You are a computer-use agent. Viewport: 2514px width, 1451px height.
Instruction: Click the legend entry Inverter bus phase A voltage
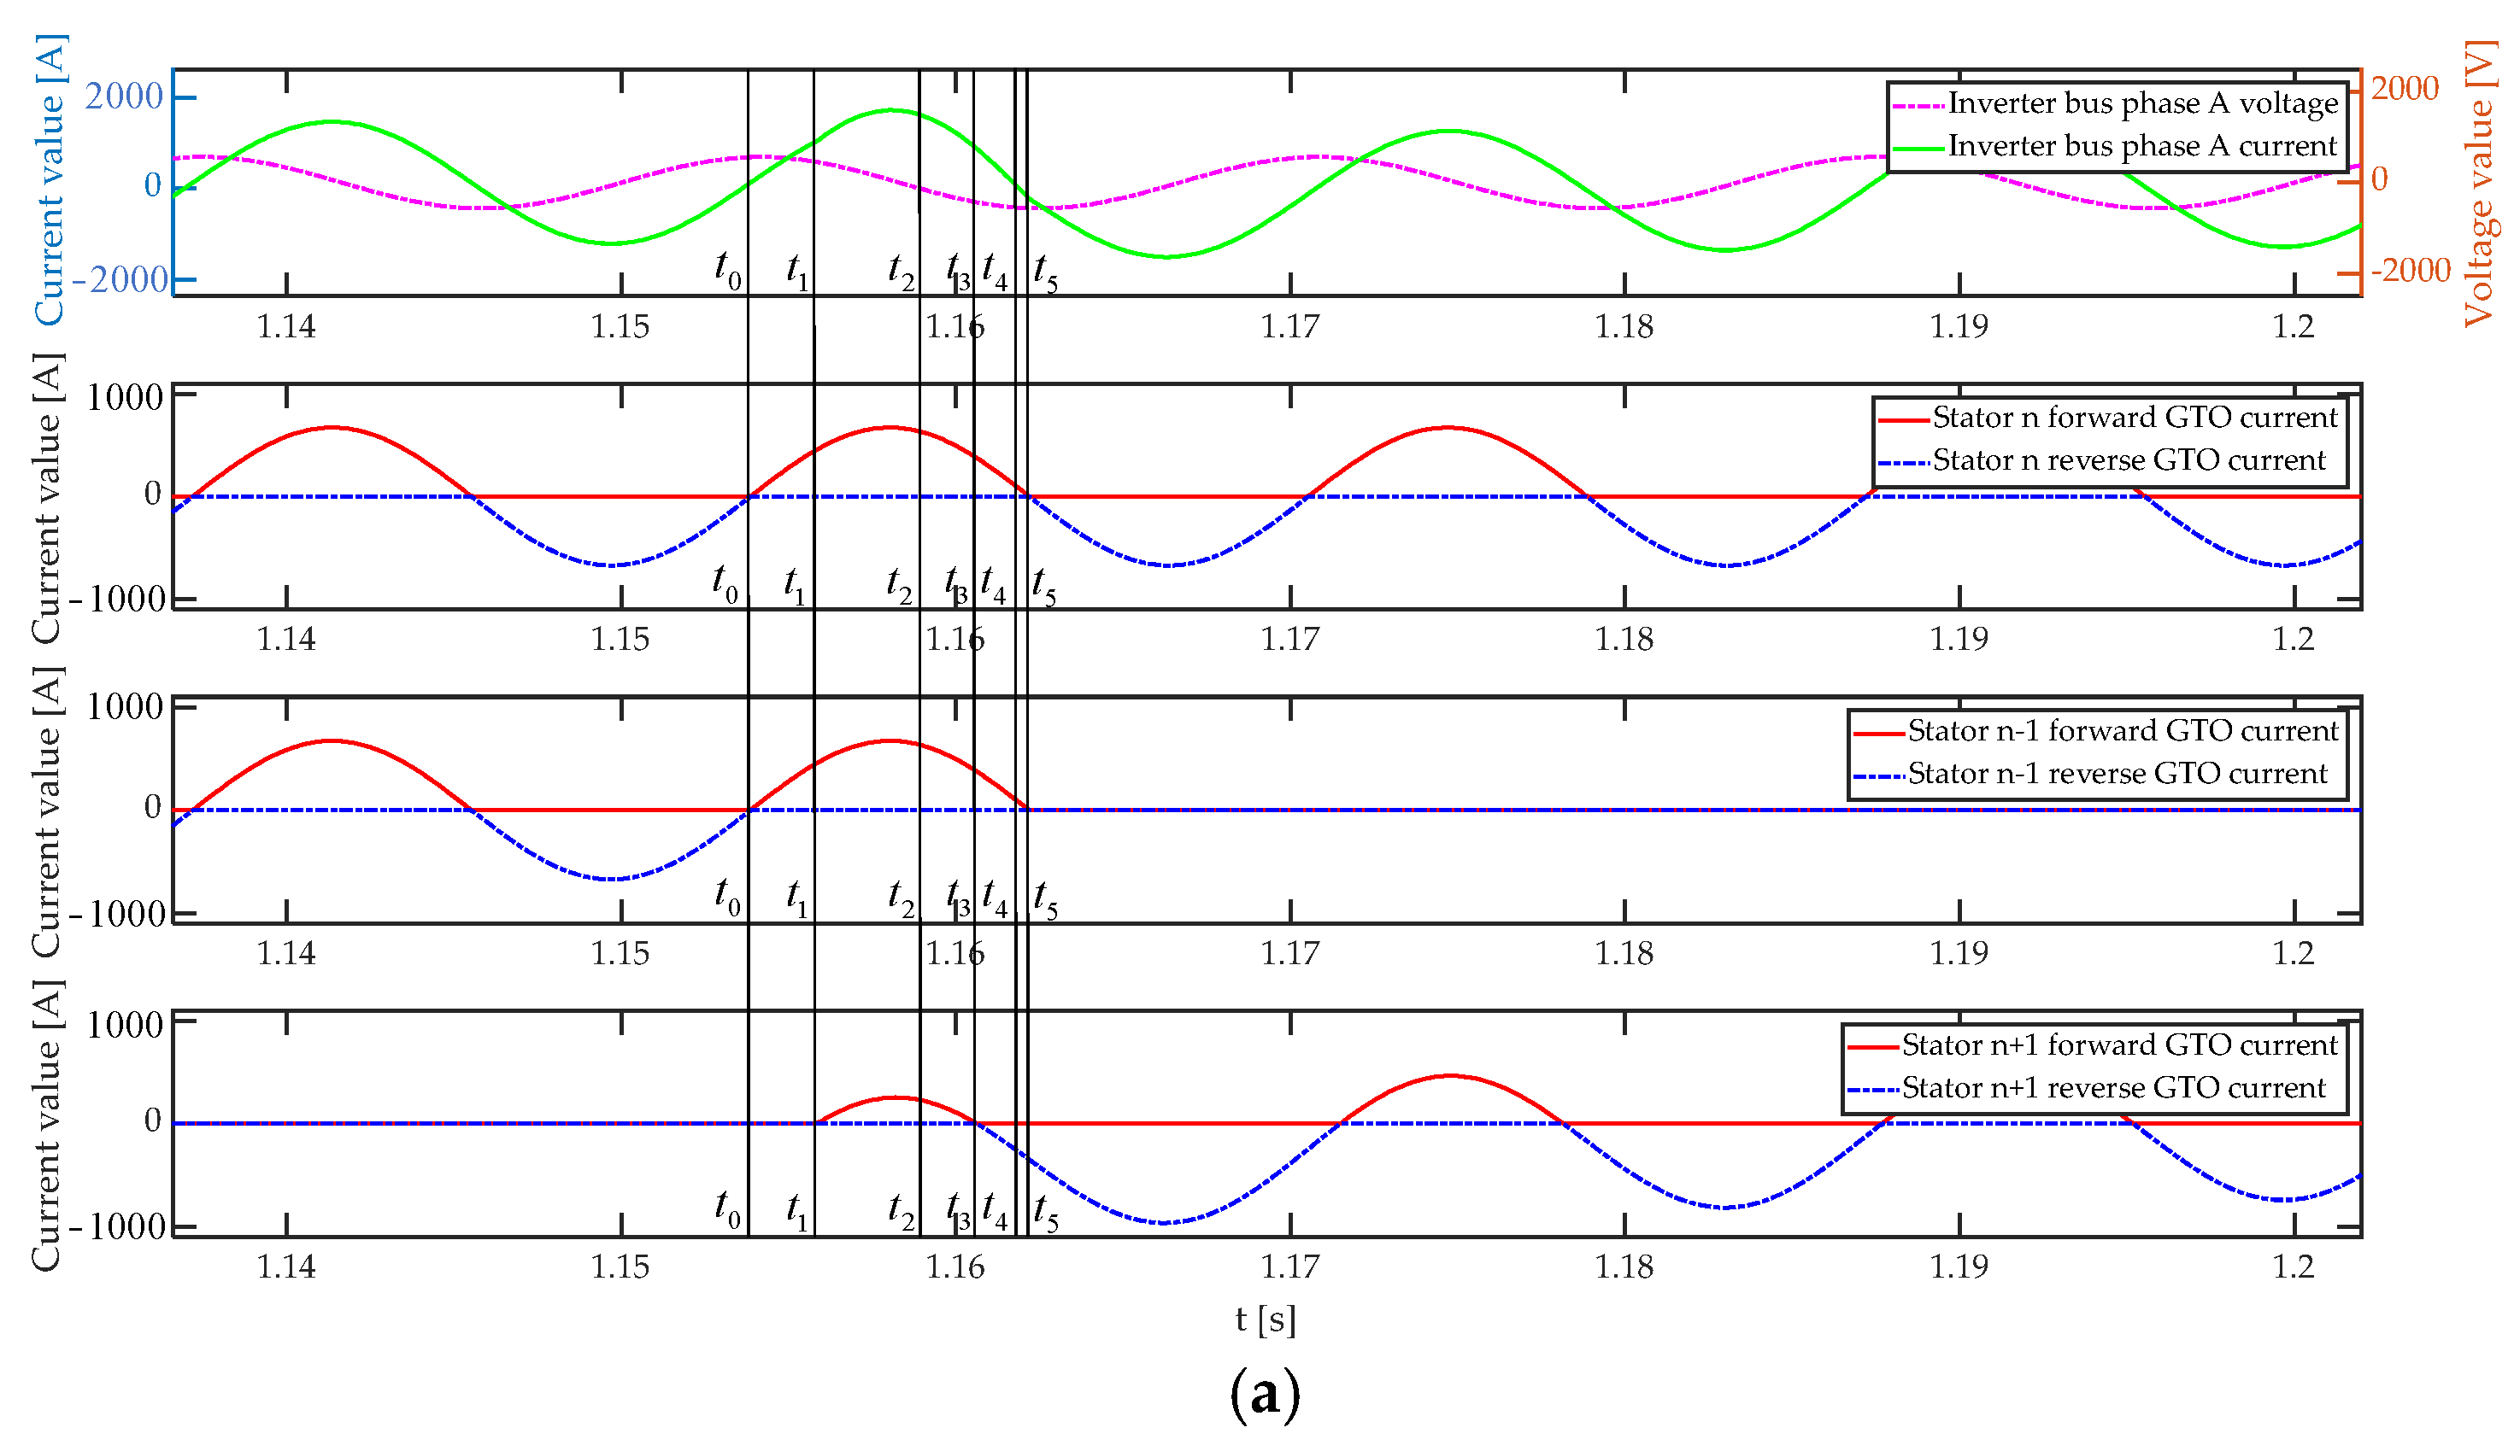click(2141, 103)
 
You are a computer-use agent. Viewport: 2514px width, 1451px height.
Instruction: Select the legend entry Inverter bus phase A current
click(2141, 147)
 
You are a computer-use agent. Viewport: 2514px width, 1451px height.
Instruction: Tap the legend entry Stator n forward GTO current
click(2133, 418)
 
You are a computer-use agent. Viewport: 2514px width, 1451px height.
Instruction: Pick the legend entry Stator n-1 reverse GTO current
click(2115, 775)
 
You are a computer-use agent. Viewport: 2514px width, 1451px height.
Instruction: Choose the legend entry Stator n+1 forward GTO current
click(2118, 1045)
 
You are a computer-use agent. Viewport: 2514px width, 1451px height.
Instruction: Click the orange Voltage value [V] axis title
click(2479, 184)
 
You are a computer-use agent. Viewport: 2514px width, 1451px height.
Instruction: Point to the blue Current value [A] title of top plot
click(50, 179)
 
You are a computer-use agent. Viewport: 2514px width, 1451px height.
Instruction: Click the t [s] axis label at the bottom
click(1265, 1319)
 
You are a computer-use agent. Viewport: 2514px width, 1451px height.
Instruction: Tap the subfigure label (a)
click(1265, 1393)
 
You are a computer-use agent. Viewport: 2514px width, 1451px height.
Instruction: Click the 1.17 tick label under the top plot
click(1289, 327)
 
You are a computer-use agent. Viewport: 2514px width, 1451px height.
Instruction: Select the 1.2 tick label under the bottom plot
click(2293, 1267)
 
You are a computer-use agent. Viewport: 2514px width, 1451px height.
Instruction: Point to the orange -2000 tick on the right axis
click(2410, 270)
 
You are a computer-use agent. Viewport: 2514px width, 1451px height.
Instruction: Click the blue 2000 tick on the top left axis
click(124, 97)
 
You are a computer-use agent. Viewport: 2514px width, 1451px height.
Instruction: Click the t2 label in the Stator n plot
click(898, 586)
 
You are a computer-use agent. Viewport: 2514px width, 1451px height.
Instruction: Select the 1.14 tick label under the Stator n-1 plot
click(286, 954)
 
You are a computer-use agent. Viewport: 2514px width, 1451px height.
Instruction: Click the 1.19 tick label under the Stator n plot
click(1959, 639)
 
